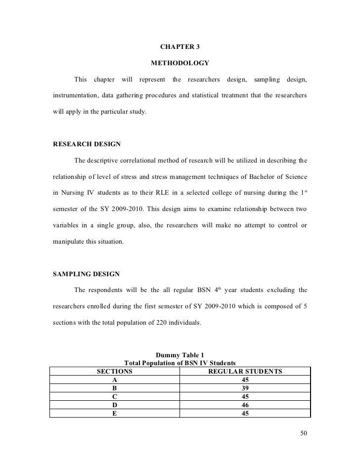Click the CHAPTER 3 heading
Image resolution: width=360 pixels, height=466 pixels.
[x=180, y=47]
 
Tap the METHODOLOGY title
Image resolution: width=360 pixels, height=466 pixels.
[x=180, y=63]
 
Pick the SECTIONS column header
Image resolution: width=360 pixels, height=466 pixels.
[x=114, y=371]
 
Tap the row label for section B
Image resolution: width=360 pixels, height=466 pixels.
[x=115, y=388]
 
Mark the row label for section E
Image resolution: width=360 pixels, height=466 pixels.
[x=115, y=414]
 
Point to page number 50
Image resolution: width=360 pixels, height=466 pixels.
[x=304, y=434]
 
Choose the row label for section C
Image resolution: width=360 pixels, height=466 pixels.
[x=115, y=397]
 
